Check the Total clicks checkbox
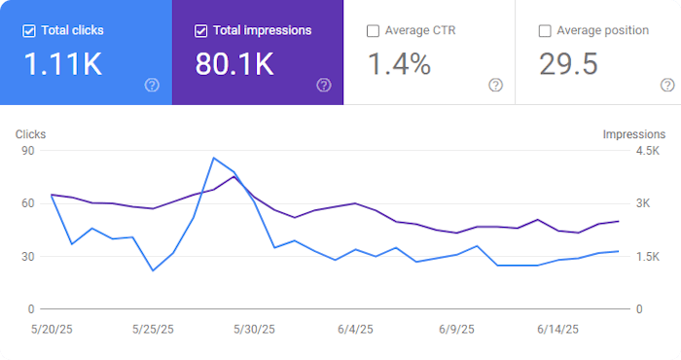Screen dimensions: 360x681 [29, 30]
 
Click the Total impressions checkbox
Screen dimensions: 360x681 [201, 30]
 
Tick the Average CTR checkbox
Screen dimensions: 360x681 [374, 31]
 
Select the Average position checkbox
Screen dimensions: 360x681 [545, 31]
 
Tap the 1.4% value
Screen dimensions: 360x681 [399, 65]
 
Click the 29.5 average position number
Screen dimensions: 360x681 [569, 65]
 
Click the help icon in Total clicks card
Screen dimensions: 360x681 [152, 85]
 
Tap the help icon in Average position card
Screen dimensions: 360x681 [667, 85]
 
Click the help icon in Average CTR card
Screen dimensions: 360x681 [495, 85]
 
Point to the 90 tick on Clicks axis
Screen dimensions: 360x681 [28, 151]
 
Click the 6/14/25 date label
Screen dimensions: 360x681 [558, 329]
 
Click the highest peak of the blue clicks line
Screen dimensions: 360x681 [213, 158]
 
